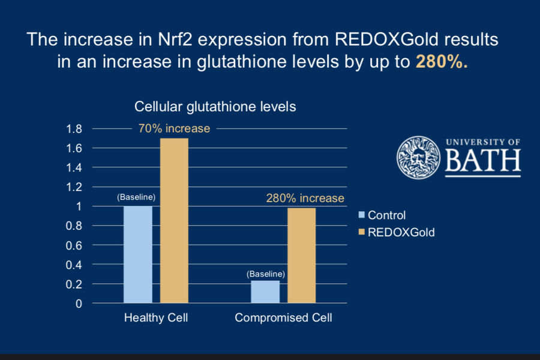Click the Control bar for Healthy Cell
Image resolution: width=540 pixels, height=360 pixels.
tap(137, 254)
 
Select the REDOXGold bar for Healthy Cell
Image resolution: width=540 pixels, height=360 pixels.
tap(174, 221)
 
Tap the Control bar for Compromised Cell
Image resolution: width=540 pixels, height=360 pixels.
tap(265, 292)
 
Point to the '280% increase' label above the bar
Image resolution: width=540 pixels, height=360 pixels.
tap(305, 198)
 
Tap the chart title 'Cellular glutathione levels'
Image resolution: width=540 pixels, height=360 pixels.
tap(215, 107)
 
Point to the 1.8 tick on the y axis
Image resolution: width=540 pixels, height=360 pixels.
tap(74, 129)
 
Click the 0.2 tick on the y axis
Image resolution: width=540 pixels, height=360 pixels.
tap(74, 284)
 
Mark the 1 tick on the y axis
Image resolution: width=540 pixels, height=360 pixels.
tap(79, 206)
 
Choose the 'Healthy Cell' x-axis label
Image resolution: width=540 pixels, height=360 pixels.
tap(156, 318)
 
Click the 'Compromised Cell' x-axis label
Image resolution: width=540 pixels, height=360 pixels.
tap(283, 318)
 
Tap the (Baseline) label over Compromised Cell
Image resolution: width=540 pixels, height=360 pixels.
tap(265, 274)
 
